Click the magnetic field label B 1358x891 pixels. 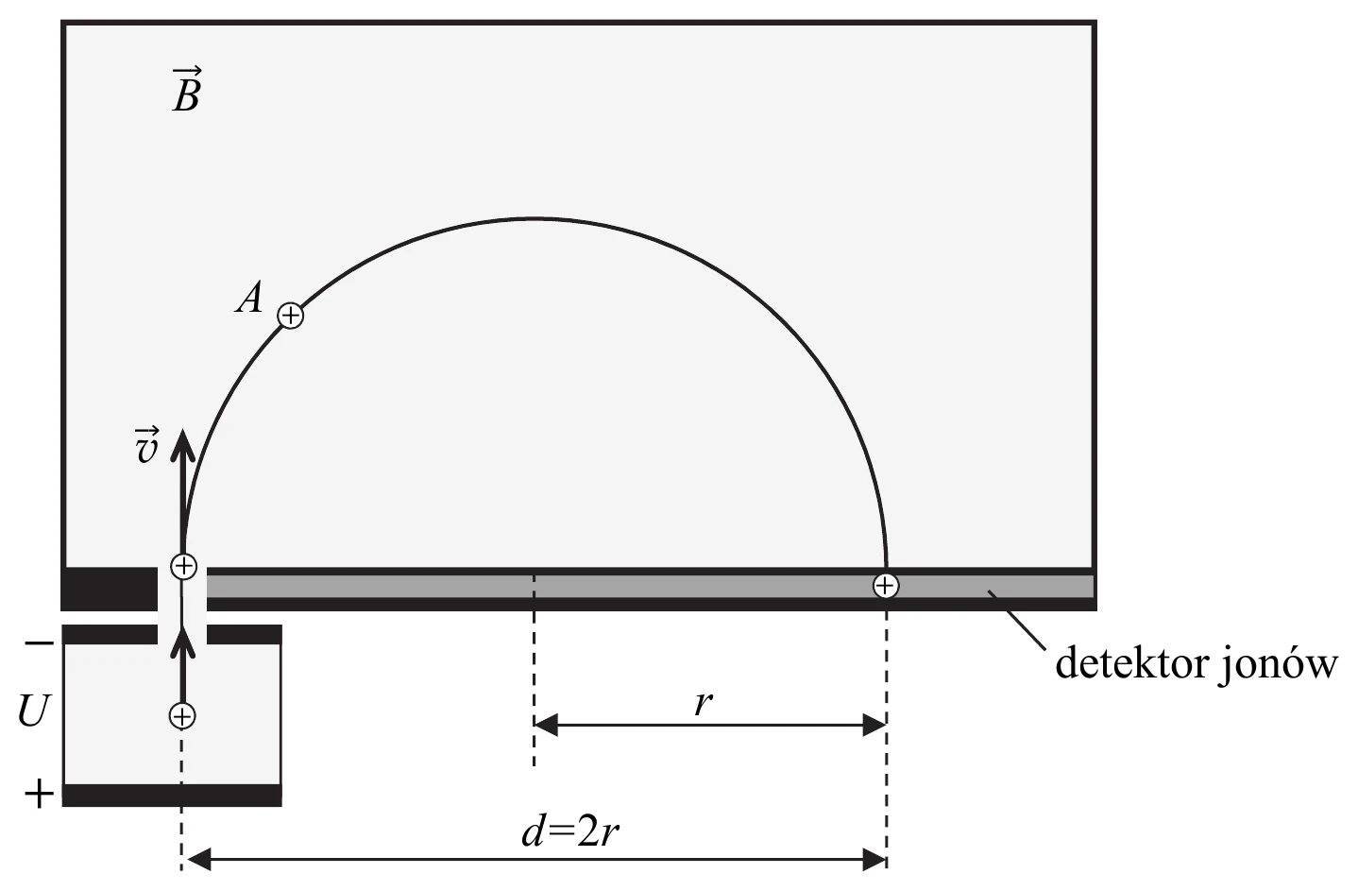coord(187,90)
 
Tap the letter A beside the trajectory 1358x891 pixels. coord(249,297)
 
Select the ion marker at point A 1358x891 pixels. coord(291,316)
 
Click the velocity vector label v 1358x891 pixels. coord(146,445)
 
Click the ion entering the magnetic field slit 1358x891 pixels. coord(183,567)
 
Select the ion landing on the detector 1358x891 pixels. coord(886,586)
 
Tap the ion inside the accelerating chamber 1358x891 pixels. coord(182,716)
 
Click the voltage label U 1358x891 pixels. coord(33,711)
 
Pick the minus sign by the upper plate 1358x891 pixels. coord(40,643)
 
